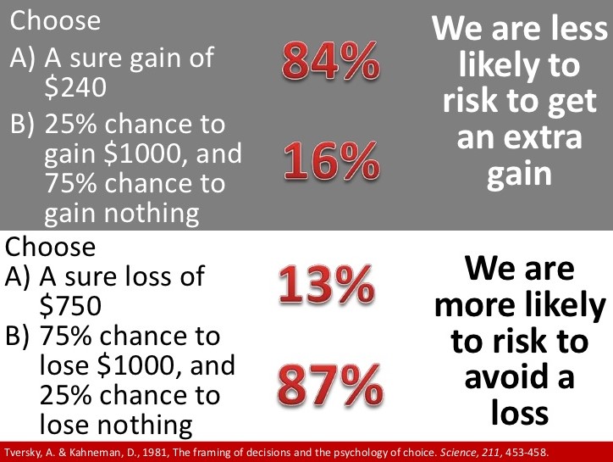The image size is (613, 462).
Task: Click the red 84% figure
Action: [331, 60]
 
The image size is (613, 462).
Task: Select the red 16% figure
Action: [332, 160]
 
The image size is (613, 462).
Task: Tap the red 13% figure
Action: [327, 283]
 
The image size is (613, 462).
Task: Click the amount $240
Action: [75, 87]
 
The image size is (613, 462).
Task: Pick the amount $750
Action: [70, 306]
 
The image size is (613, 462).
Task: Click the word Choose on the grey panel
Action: [55, 20]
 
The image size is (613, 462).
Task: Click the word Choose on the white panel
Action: [50, 247]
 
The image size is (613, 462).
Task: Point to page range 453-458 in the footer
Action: [527, 453]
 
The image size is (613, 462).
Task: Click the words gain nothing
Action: [122, 214]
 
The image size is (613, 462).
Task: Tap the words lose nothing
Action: [116, 425]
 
